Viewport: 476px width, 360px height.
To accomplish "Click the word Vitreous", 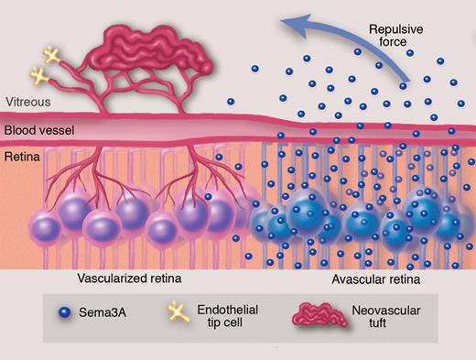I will click(x=26, y=103).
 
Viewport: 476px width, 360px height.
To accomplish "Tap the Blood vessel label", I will click(x=38, y=130).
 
